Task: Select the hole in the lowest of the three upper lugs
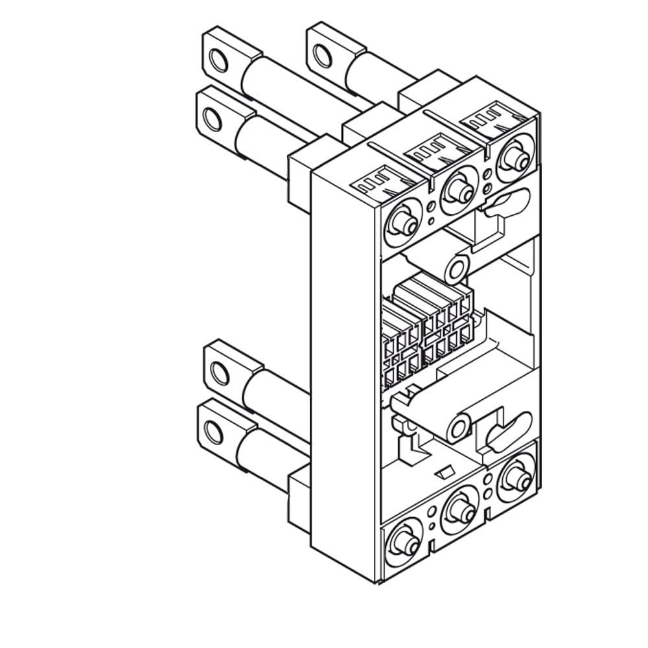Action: (x=211, y=119)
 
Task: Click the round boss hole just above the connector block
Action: (x=459, y=266)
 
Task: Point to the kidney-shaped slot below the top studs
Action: (x=502, y=206)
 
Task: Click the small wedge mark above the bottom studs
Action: (x=446, y=470)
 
